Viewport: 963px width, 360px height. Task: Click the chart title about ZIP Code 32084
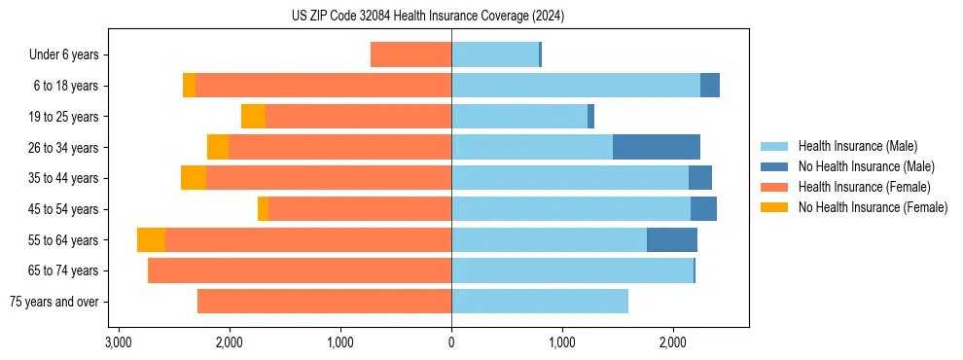point(428,17)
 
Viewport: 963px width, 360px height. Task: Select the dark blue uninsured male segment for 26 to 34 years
point(657,147)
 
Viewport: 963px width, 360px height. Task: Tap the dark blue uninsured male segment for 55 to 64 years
point(672,239)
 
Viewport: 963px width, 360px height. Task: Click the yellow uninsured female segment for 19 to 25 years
point(253,116)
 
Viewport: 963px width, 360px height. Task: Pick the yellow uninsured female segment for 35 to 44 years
point(194,178)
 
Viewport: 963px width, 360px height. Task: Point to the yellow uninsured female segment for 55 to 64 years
point(151,239)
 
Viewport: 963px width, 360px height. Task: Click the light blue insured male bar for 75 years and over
point(540,302)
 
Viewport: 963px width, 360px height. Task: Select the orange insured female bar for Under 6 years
point(410,54)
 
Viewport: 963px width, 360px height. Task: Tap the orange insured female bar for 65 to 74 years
point(300,270)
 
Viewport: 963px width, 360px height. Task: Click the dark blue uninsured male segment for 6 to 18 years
point(710,86)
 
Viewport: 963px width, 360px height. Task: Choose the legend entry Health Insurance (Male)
point(857,146)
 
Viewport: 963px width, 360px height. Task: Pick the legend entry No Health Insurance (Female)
point(872,207)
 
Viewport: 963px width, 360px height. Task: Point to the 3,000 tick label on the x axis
point(118,342)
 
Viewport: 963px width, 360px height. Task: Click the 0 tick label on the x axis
point(451,342)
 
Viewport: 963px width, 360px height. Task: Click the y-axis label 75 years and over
point(53,302)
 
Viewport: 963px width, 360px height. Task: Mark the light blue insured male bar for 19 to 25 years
point(519,116)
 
